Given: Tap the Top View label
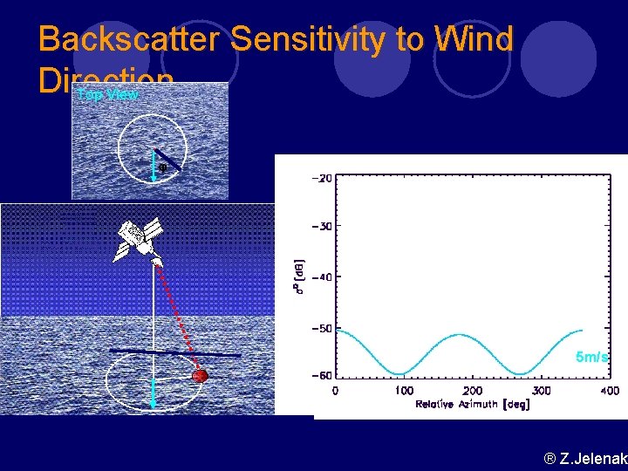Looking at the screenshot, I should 107,94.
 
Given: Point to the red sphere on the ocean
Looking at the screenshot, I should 200,376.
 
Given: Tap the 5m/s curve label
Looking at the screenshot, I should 592,358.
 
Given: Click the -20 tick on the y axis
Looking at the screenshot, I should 320,177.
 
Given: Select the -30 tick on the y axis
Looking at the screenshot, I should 320,227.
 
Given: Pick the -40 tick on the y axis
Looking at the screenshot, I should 320,276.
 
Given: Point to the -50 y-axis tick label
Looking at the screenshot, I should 320,328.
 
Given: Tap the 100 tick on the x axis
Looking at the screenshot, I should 404,391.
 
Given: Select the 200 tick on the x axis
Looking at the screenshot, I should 472,391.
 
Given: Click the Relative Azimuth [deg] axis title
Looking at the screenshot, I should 472,404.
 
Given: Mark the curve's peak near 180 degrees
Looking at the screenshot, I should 460,335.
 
